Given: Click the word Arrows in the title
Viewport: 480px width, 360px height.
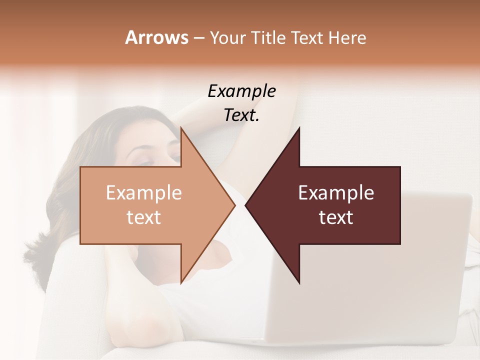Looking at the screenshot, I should [x=156, y=37].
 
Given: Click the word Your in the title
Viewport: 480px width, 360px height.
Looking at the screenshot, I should [x=227, y=38].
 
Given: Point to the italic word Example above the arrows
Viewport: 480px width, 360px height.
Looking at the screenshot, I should [x=241, y=91].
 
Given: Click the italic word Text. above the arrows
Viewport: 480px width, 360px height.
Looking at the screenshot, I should [x=241, y=115].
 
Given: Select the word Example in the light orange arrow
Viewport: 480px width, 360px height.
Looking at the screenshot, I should [x=144, y=193].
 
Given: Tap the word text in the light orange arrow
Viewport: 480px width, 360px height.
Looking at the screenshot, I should [x=144, y=217].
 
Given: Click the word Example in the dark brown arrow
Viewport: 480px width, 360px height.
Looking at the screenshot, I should [x=336, y=193].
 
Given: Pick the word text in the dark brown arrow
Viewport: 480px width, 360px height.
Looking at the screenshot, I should [x=336, y=217].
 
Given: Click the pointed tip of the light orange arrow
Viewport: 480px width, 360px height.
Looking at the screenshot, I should [x=234, y=205].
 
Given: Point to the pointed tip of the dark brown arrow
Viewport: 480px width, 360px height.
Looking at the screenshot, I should [x=246, y=205].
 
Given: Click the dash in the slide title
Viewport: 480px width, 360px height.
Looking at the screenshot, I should [x=198, y=38].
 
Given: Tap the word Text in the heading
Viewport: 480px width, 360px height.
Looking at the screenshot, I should [x=305, y=37].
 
